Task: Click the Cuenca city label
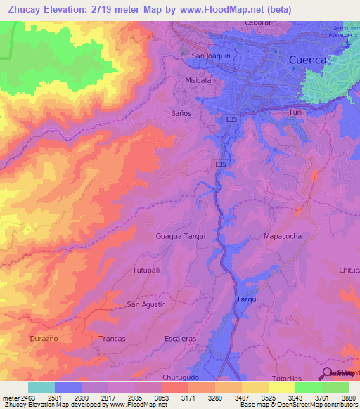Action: point(308,60)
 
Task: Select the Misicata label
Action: point(198,80)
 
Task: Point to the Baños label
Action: point(181,112)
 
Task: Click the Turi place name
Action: point(295,112)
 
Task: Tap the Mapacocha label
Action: point(283,236)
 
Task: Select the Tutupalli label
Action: point(147,270)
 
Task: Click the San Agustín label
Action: point(146,304)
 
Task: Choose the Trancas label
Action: point(112,338)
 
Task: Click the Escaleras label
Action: point(180,338)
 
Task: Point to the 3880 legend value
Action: point(347,396)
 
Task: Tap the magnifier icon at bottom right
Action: point(327,373)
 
